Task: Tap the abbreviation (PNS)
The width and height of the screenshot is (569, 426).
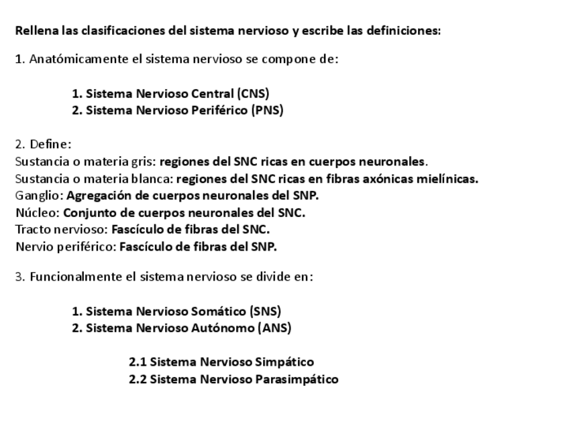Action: click(x=267, y=111)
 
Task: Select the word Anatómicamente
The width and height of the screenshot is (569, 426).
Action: click(x=79, y=59)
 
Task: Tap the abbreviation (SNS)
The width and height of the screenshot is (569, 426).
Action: click(x=265, y=311)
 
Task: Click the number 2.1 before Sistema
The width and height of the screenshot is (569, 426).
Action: click(x=138, y=362)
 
